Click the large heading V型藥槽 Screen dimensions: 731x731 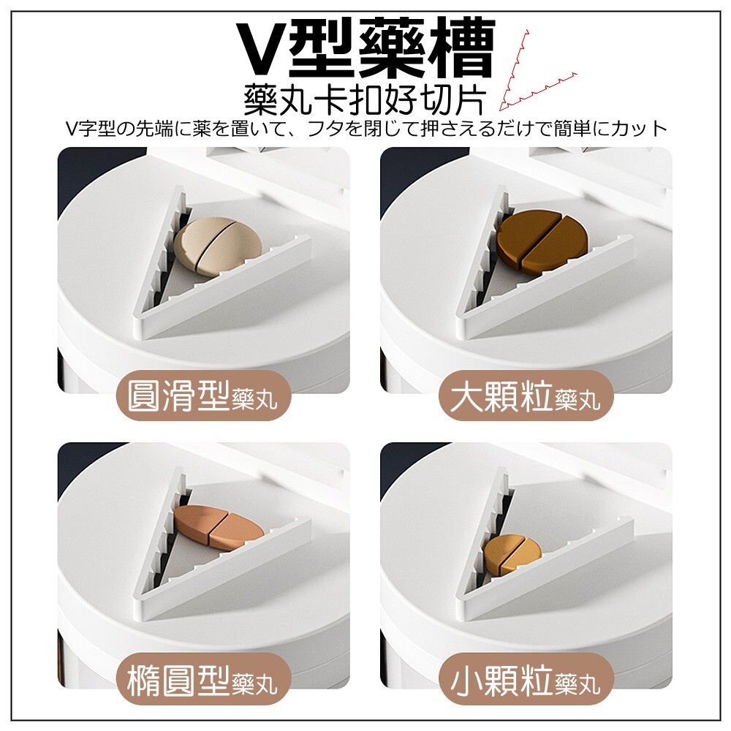[x=366, y=48]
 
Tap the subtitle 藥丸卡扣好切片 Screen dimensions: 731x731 [x=365, y=99]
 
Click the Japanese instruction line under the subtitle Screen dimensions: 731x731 [x=366, y=128]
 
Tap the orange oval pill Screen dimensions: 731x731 [x=219, y=526]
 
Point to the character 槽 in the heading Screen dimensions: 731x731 [x=461, y=48]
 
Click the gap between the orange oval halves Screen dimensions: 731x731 [x=218, y=526]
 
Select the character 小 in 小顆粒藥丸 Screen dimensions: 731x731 [x=466, y=680]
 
